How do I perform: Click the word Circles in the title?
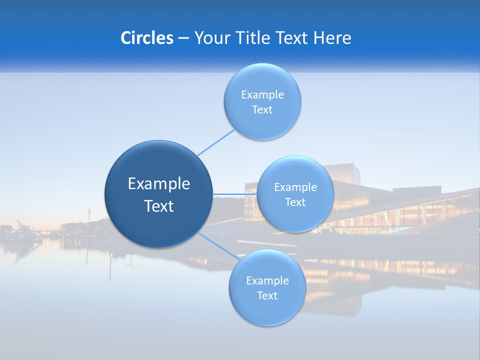[x=147, y=38]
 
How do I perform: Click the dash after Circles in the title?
[x=183, y=38]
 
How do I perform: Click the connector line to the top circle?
[x=216, y=142]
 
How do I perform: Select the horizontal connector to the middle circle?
[x=234, y=194]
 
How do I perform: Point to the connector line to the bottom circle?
[x=218, y=245]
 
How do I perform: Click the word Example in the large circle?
[x=159, y=184]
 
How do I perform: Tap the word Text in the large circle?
[x=159, y=206]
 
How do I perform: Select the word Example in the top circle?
[x=262, y=95]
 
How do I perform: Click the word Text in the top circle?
[x=262, y=110]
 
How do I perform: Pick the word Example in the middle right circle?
[x=295, y=187]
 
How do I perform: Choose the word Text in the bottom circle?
[x=267, y=296]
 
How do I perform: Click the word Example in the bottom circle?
[x=267, y=281]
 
